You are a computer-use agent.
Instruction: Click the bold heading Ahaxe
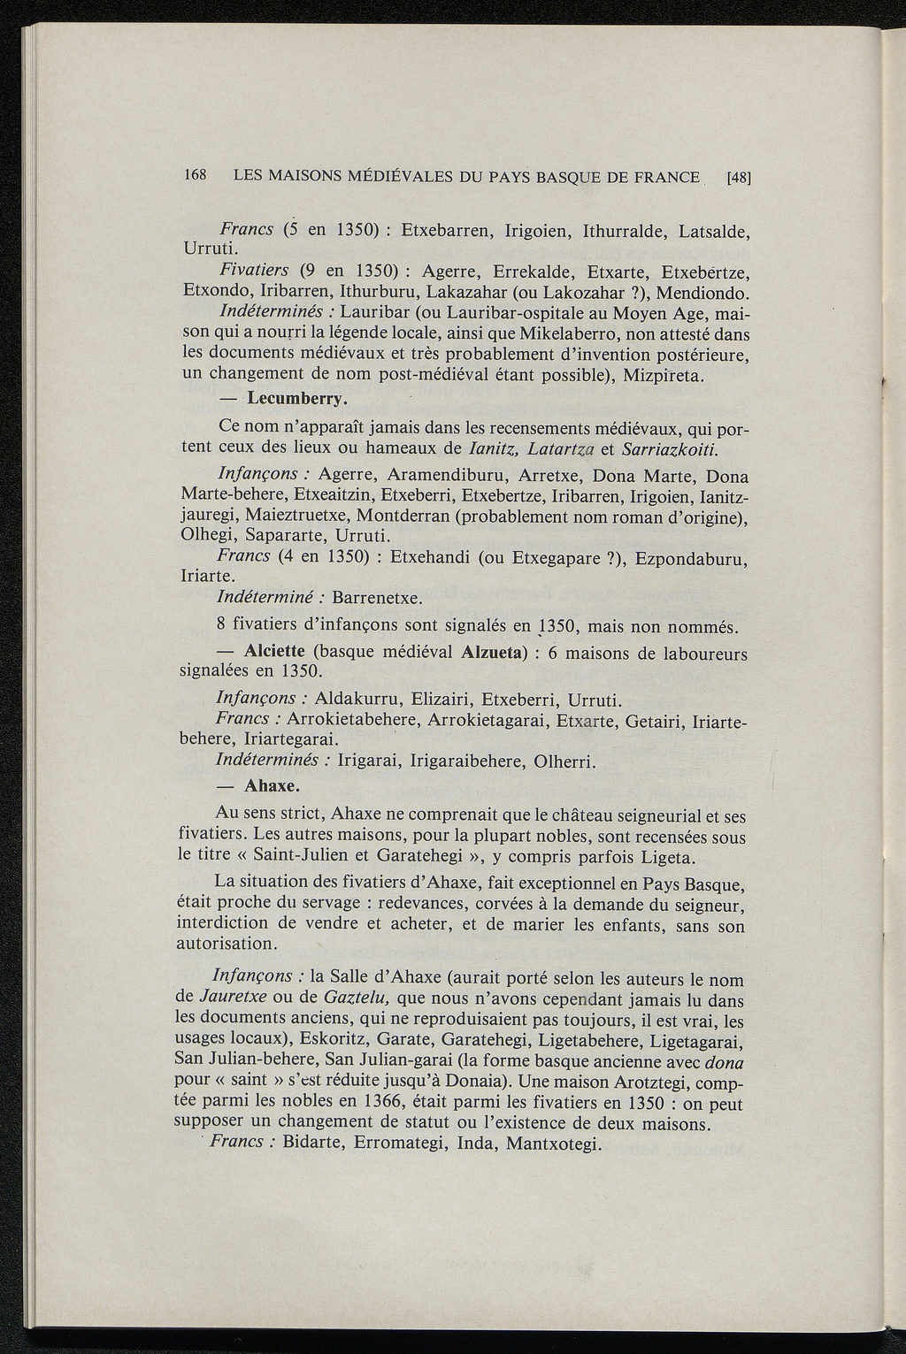coord(272,785)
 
